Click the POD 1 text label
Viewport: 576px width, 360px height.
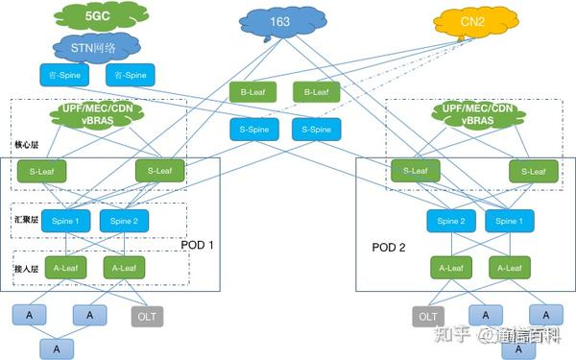(x=198, y=246)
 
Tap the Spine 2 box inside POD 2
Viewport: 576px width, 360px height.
(x=451, y=222)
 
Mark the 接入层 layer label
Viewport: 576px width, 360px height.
(x=27, y=257)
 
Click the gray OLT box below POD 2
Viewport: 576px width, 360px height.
(x=428, y=315)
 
